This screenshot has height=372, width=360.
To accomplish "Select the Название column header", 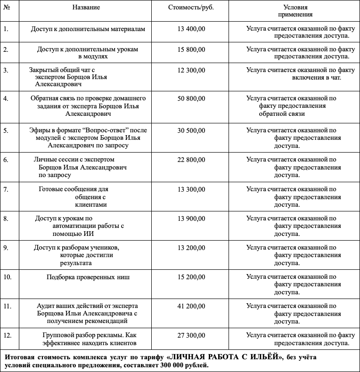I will point(86,8).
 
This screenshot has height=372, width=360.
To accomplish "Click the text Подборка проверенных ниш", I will point(88,277).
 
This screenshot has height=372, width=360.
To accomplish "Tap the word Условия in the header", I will point(295,8).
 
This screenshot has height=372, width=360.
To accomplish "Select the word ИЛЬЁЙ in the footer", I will point(261,357).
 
